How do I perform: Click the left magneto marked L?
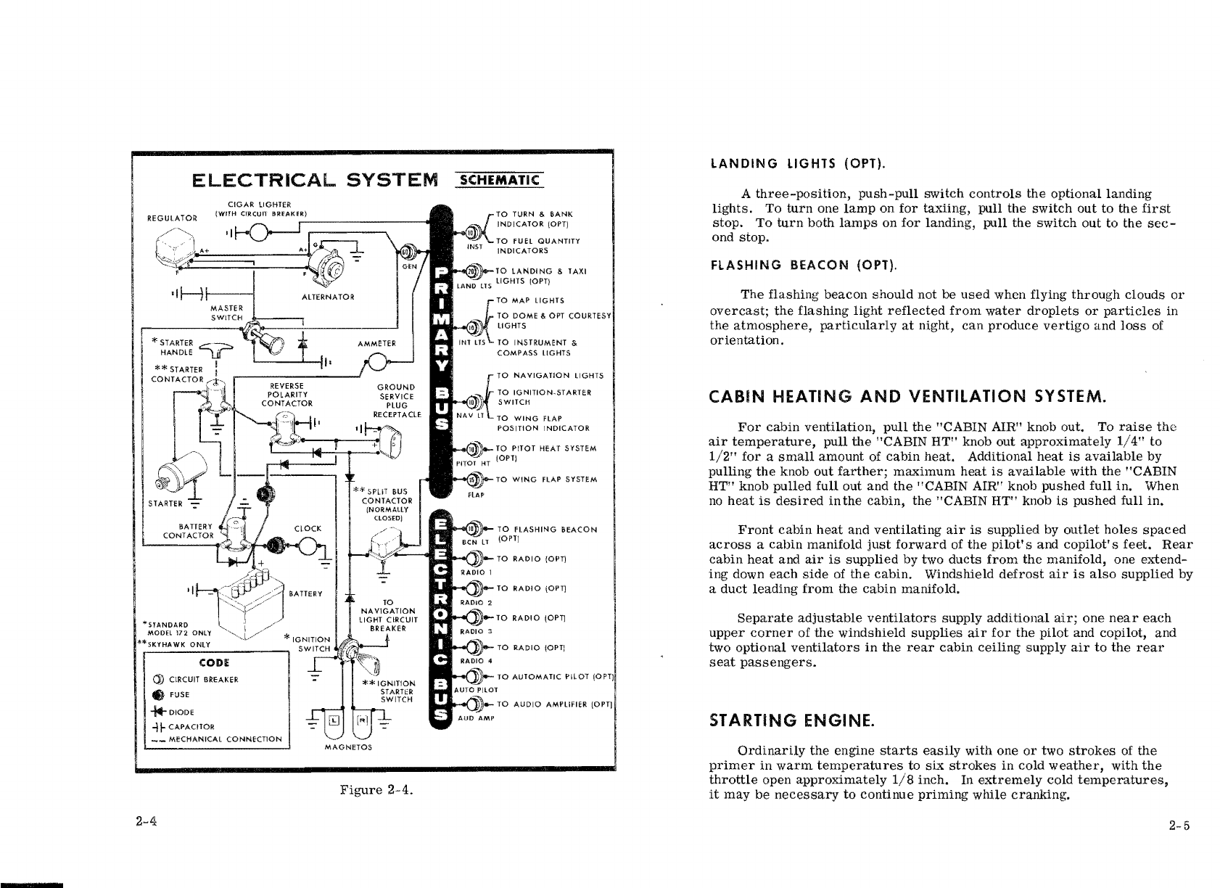[333, 720]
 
